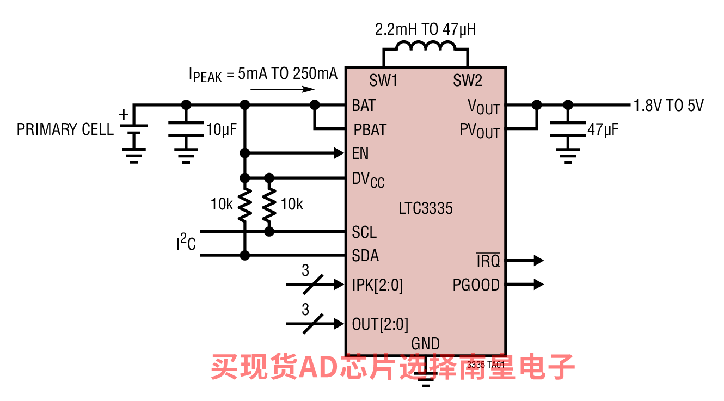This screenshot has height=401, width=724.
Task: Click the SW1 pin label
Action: pyautogui.click(x=383, y=80)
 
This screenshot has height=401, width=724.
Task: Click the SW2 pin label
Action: pyautogui.click(x=468, y=80)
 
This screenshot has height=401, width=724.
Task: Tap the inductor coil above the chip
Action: pyautogui.click(x=426, y=46)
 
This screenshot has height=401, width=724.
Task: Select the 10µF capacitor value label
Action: pyautogui.click(x=222, y=129)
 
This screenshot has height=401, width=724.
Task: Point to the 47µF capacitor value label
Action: pyautogui.click(x=603, y=129)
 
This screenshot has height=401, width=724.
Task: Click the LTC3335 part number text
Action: pyautogui.click(x=426, y=208)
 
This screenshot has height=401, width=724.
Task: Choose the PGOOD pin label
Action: pyautogui.click(x=476, y=285)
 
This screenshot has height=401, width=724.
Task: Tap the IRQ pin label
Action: pyautogui.click(x=488, y=261)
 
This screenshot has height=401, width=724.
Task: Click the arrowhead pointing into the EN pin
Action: pyautogui.click(x=339, y=153)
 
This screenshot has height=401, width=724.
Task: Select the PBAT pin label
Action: pyautogui.click(x=370, y=130)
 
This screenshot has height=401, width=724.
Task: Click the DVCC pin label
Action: pyautogui.click(x=368, y=180)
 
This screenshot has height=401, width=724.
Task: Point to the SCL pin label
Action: pyautogui.click(x=364, y=232)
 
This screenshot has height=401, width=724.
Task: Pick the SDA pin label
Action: pyautogui.click(x=365, y=256)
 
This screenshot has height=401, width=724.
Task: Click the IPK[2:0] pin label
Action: pyautogui.click(x=378, y=285)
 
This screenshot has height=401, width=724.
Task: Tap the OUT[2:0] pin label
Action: pyautogui.click(x=380, y=324)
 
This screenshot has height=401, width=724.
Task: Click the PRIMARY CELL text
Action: pyautogui.click(x=65, y=129)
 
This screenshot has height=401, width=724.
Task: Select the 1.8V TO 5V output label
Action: pyautogui.click(x=668, y=106)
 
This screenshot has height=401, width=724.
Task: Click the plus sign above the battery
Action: pyautogui.click(x=124, y=115)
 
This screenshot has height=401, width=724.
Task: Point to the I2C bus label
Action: pyautogui.click(x=186, y=242)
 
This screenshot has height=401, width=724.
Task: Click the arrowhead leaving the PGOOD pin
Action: pyautogui.click(x=539, y=285)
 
